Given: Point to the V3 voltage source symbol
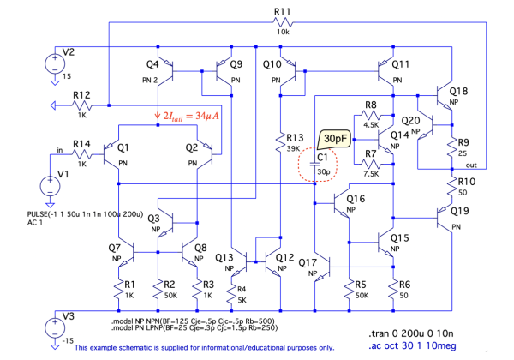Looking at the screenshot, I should pos(52,326).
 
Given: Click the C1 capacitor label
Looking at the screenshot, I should pos(323,157).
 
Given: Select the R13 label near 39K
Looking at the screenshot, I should pos(296,137).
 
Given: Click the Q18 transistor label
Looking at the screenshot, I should pos(459,90).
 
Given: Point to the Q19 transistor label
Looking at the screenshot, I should pos(459,211).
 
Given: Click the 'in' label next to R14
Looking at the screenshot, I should pos(60,151).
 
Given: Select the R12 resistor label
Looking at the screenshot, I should pos(81,94).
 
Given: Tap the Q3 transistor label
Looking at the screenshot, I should pos(154,219).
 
